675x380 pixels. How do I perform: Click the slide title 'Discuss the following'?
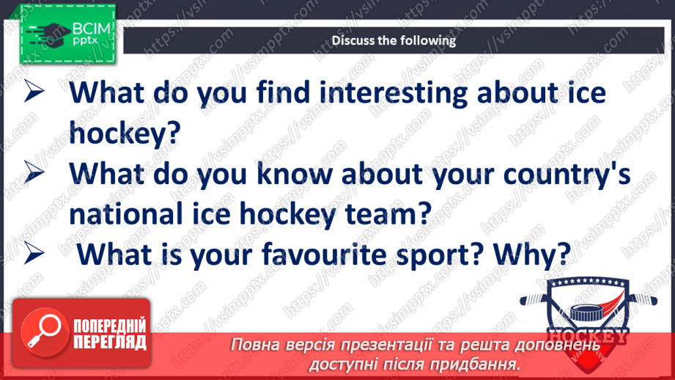[394, 40]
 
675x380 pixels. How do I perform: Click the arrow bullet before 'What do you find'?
[35, 94]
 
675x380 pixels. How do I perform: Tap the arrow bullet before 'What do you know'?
[35, 174]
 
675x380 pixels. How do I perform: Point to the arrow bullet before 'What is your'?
[35, 253]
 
